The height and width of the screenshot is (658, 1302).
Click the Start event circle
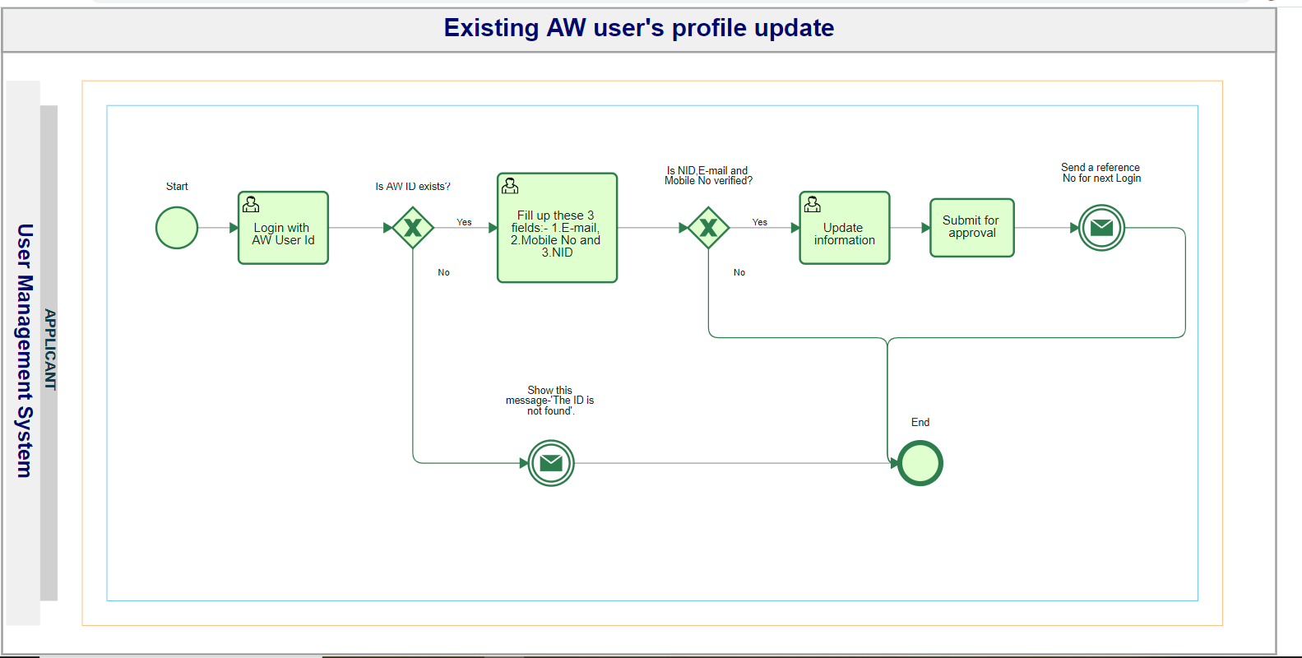pyautogui.click(x=177, y=228)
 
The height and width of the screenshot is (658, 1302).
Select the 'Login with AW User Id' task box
pyautogui.click(x=283, y=228)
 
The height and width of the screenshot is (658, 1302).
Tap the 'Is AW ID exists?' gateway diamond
pyautogui.click(x=413, y=228)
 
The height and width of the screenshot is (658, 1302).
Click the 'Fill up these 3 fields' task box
pyautogui.click(x=557, y=228)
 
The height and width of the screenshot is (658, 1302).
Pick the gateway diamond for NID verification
pyautogui.click(x=708, y=228)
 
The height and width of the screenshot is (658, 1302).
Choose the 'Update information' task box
pyautogui.click(x=844, y=228)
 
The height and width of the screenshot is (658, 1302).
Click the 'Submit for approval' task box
pyautogui.click(x=972, y=228)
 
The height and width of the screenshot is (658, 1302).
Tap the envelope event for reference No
pyautogui.click(x=1101, y=228)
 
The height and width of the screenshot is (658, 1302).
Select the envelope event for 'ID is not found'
pyautogui.click(x=551, y=463)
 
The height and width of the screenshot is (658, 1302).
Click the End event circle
pyautogui.click(x=920, y=463)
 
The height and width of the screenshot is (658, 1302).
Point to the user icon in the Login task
pyautogui.click(x=251, y=204)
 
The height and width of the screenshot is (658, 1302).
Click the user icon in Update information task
pyautogui.click(x=813, y=204)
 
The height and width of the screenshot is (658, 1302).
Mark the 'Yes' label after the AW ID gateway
pyautogui.click(x=464, y=222)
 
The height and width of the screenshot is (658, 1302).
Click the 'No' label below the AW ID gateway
pyautogui.click(x=443, y=272)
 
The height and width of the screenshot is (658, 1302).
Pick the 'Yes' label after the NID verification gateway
pyautogui.click(x=760, y=222)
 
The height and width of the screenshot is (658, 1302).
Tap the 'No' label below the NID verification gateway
pyautogui.click(x=739, y=272)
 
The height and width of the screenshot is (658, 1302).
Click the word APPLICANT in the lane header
pyautogui.click(x=50, y=350)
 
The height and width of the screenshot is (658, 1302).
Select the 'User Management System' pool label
pyautogui.click(x=25, y=350)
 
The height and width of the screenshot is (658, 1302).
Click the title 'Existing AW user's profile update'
pyautogui.click(x=639, y=28)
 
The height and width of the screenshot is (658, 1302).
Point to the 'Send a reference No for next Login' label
pyautogui.click(x=1100, y=173)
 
